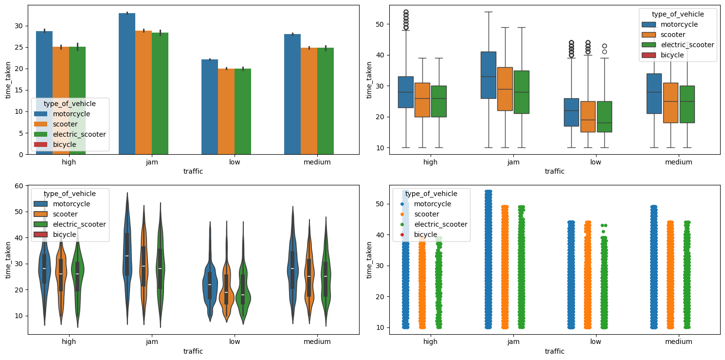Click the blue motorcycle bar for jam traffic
click(x=127, y=83)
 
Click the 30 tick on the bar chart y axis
click(x=21, y=26)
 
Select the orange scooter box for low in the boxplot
click(x=587, y=117)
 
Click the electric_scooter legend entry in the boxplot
click(x=687, y=45)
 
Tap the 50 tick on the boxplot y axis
click(x=382, y=24)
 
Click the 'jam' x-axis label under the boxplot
click(x=513, y=162)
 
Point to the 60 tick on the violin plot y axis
click(x=21, y=186)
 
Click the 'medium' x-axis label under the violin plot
click(x=317, y=342)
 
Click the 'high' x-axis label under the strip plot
click(x=430, y=342)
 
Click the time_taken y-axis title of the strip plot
click(x=370, y=260)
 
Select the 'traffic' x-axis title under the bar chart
click(x=193, y=171)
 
